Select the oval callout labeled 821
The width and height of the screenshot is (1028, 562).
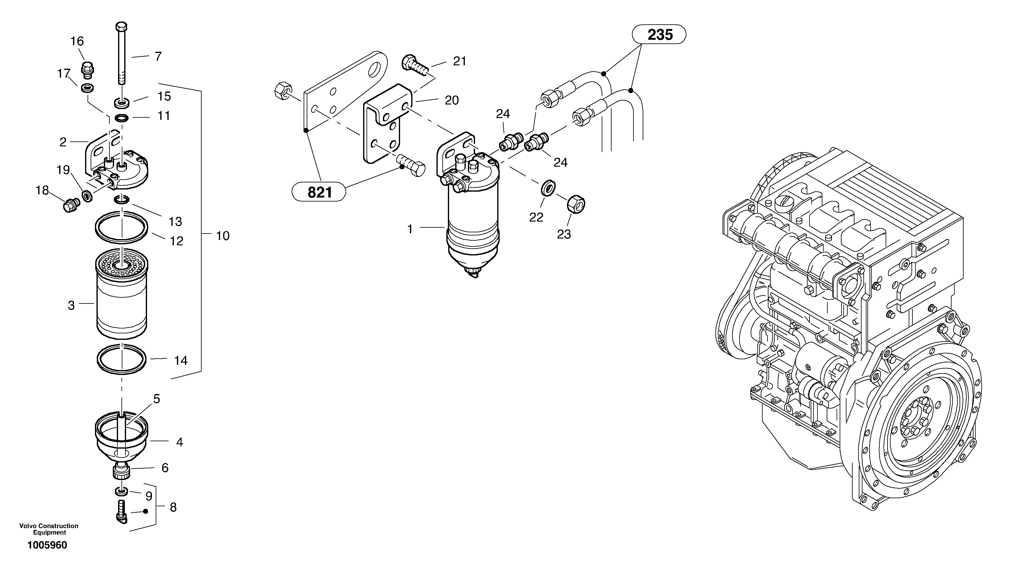pos(319,192)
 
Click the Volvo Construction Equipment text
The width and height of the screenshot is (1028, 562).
pos(49,529)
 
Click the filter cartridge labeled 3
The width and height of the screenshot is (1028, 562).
pos(122,299)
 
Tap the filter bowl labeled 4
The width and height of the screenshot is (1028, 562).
pos(122,439)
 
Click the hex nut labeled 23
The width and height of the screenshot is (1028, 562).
pos(576,205)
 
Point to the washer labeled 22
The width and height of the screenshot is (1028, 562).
pos(549,188)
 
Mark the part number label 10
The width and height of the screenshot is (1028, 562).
pos(223,236)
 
